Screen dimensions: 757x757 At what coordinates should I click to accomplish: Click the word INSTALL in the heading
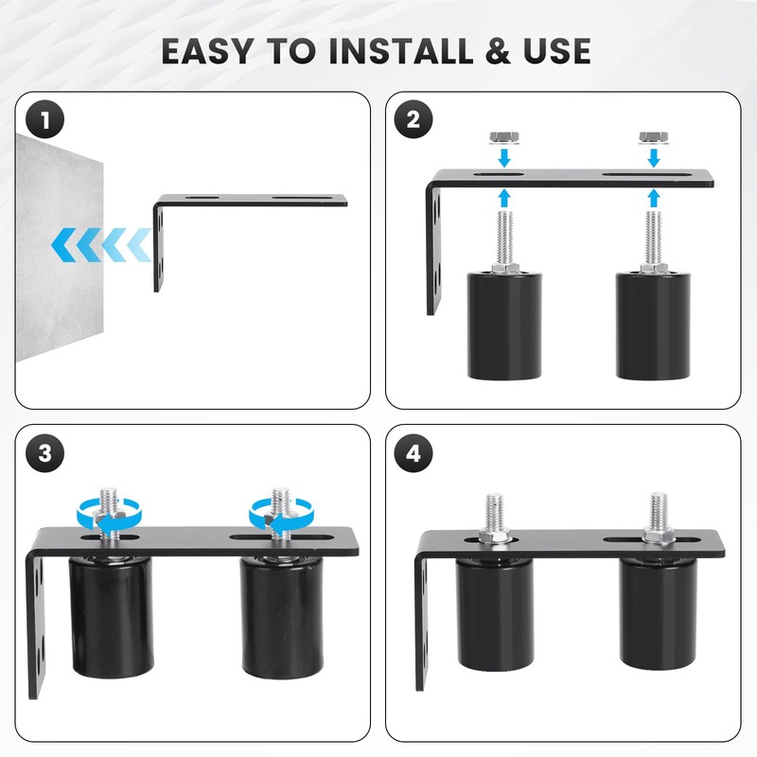pyautogui.click(x=401, y=51)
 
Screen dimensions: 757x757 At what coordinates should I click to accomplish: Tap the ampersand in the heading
pyautogui.click(x=498, y=51)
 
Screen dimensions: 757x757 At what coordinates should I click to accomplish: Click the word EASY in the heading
pyautogui.click(x=207, y=51)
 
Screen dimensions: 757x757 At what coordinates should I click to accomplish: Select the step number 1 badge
pyautogui.click(x=44, y=120)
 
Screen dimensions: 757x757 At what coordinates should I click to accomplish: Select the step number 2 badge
pyautogui.click(x=414, y=120)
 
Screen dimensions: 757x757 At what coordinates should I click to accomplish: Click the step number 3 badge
pyautogui.click(x=44, y=453)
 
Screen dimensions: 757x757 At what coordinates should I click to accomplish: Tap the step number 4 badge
pyautogui.click(x=414, y=453)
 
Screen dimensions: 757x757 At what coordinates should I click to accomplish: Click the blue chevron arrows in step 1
pyautogui.click(x=101, y=245)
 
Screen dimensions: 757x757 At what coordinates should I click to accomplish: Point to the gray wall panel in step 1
pyautogui.click(x=60, y=247)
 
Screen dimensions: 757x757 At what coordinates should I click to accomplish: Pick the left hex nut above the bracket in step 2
pyautogui.click(x=504, y=137)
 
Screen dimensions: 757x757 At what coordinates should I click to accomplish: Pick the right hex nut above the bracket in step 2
pyautogui.click(x=654, y=137)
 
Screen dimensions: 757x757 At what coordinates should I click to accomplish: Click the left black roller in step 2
pyautogui.click(x=504, y=326)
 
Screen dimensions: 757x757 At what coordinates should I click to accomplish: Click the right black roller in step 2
pyautogui.click(x=653, y=326)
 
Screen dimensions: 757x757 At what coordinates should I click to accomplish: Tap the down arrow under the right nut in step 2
pyautogui.click(x=654, y=157)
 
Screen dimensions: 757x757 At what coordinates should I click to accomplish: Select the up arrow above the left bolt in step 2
pyautogui.click(x=504, y=198)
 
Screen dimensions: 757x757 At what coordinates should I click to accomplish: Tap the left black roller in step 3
pyautogui.click(x=112, y=617)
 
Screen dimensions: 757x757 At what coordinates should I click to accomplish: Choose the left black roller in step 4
pyautogui.click(x=496, y=614)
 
